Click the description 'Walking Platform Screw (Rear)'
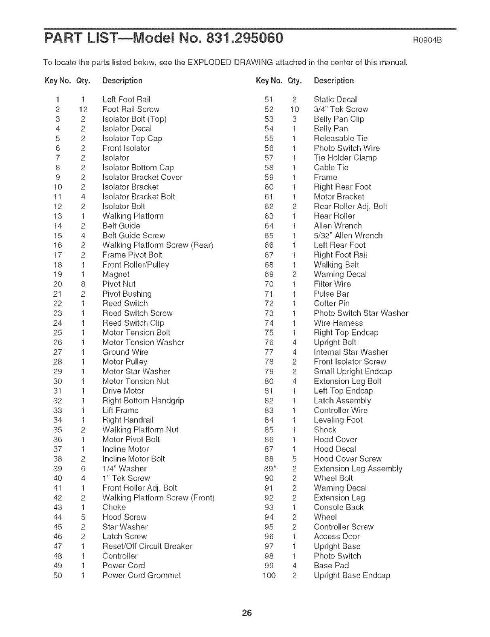tap(158, 245)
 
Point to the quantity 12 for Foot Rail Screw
tap(83, 109)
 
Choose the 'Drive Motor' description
tap(123, 391)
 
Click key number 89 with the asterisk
tap(270, 469)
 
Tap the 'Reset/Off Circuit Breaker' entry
tap(147, 546)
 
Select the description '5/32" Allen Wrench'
tap(348, 236)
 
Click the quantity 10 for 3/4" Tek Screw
tap(294, 109)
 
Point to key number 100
tap(269, 575)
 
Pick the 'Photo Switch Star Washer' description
tap(361, 313)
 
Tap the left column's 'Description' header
tap(122, 81)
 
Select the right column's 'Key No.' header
tap(269, 81)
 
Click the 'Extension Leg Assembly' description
tap(358, 469)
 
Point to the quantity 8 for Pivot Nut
tap(83, 284)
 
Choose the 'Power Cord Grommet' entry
tap(142, 575)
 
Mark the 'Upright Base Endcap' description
tap(352, 575)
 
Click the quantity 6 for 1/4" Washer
tap(83, 469)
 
